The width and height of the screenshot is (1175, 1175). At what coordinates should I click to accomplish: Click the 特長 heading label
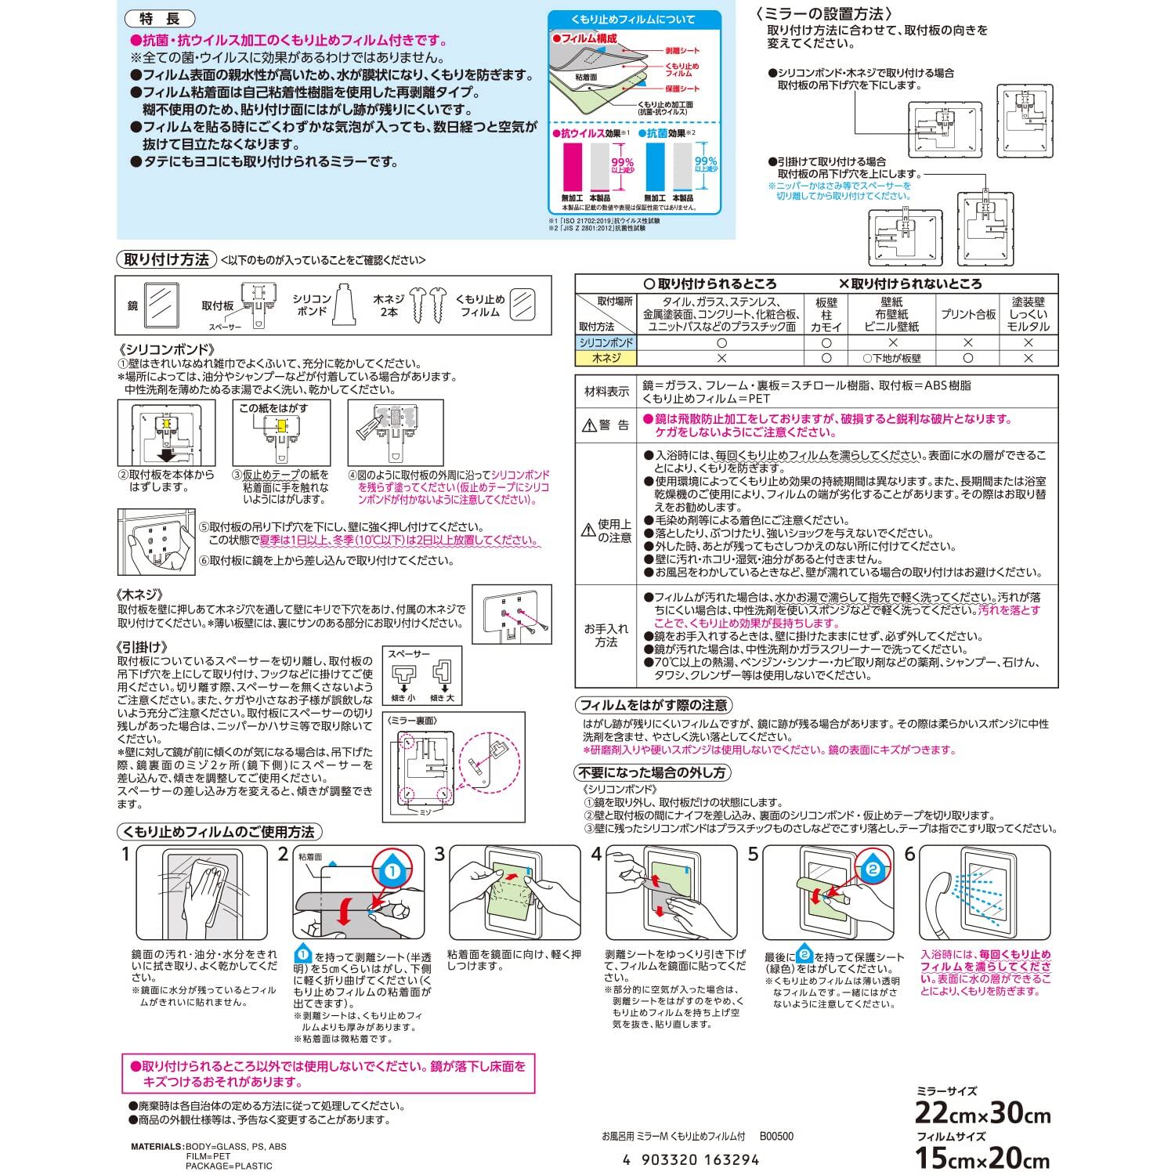159,20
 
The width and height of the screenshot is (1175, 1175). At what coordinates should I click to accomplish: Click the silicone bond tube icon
345,305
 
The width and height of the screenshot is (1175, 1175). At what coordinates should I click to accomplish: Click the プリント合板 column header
968,314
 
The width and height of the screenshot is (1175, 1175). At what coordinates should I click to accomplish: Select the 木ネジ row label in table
606,358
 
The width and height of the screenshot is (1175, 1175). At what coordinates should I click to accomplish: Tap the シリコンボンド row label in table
606,343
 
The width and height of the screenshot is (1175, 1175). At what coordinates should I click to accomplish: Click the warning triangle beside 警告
589,425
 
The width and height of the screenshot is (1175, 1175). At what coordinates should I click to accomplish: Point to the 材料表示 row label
606,391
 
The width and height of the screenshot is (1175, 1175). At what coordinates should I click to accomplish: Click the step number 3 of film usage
440,854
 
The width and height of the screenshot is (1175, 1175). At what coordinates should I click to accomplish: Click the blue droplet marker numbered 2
873,866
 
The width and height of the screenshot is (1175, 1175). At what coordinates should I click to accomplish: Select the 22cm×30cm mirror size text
982,1113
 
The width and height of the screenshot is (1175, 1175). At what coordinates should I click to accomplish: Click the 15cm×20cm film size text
982,1158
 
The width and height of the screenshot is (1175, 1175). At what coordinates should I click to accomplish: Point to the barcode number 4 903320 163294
690,1160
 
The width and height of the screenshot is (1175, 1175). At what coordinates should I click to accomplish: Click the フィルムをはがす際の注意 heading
654,705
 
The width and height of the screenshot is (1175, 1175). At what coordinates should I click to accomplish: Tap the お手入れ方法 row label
606,635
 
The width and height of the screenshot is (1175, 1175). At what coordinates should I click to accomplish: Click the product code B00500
775,1137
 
